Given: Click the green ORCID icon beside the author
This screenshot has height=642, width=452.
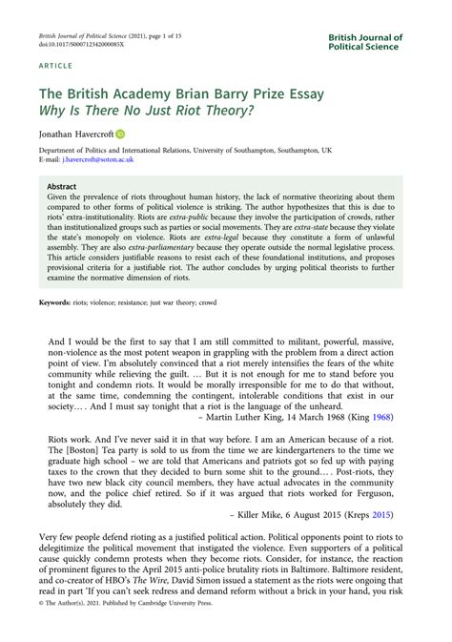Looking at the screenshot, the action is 121,135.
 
